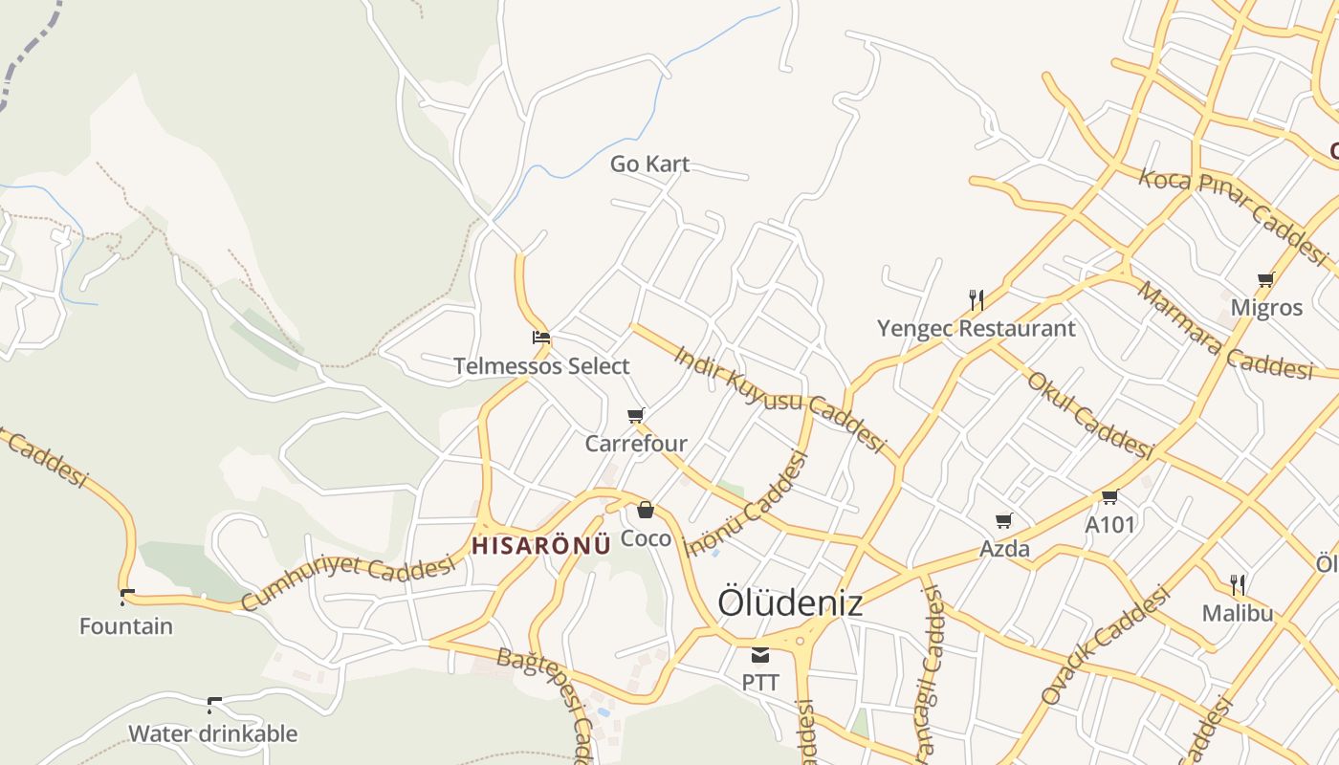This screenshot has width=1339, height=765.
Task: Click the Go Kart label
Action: point(649,164)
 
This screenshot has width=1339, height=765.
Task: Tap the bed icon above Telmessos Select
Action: point(541,338)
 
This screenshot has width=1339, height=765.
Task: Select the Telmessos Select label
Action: point(541,366)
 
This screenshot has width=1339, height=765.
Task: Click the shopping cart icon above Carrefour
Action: point(636,416)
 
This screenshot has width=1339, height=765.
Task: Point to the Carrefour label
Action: point(636,444)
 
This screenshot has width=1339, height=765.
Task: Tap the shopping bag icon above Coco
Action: point(646,510)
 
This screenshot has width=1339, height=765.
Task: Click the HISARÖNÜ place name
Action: point(541,545)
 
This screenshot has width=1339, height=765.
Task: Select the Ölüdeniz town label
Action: point(790,602)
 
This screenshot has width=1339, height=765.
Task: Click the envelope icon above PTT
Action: point(760,655)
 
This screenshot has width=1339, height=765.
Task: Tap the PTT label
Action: point(760,683)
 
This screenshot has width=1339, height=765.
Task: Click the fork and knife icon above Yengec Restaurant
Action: point(977,300)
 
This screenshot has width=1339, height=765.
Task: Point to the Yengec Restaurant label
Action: point(977,329)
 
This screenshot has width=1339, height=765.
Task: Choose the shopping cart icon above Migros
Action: point(1266,280)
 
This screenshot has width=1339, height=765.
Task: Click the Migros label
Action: point(1266,308)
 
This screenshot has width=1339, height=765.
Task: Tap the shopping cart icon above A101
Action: point(1109,497)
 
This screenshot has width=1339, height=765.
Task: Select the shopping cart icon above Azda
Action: point(1004,521)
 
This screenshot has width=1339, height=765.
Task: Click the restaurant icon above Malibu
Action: point(1238,584)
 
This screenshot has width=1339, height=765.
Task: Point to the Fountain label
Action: point(126,627)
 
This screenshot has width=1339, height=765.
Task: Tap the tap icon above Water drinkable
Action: point(213,706)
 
